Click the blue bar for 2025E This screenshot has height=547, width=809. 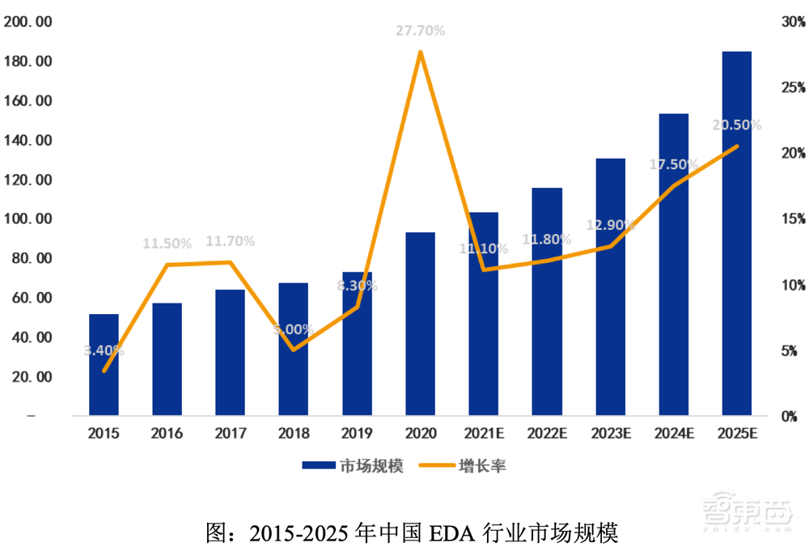736,235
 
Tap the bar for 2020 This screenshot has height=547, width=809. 420,324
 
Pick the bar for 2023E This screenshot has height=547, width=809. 610,287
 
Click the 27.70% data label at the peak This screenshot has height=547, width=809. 420,31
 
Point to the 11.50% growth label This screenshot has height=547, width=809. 167,243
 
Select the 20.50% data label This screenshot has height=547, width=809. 736,125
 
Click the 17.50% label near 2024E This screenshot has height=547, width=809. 673,164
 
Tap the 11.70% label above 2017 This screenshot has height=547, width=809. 230,240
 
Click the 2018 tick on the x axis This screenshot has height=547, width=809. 293,434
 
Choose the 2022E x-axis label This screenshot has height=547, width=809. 547,434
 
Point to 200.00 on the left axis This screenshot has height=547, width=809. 28,22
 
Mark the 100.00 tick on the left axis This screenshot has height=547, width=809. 28,219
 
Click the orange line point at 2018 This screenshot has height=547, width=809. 293,350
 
